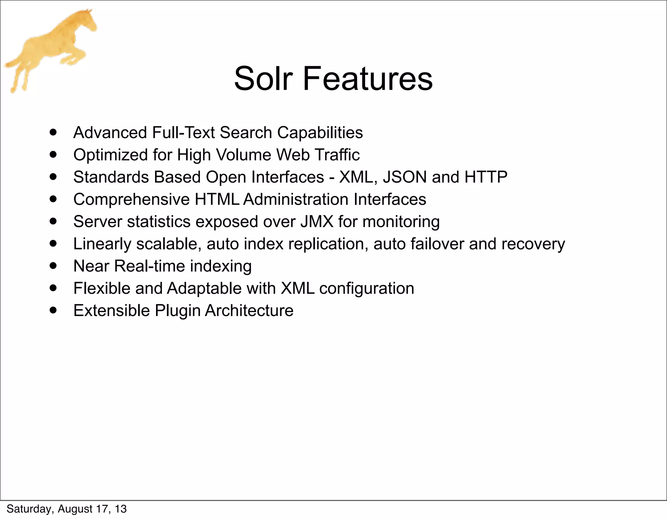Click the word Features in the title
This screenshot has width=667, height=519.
point(368,79)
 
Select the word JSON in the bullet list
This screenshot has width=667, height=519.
point(404,177)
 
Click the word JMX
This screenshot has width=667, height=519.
point(317,222)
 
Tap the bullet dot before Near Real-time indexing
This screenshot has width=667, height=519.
point(53,266)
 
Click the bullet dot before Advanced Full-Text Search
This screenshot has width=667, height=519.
point(53,132)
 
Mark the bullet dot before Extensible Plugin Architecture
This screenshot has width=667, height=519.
point(53,310)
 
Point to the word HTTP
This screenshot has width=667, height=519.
point(486,177)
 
